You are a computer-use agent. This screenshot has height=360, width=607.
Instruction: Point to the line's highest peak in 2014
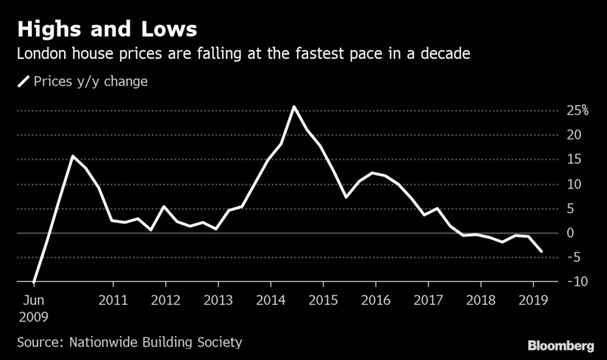[294, 106]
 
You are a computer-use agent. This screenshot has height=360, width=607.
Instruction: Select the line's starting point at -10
[34, 282]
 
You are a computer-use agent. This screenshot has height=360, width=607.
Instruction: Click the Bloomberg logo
[561, 345]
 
